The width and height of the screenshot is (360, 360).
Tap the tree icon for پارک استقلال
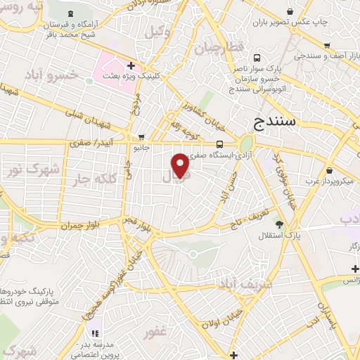point(279,224)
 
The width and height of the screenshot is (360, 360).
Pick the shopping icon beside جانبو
point(142,137)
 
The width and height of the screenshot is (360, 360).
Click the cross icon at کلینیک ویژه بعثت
point(131,65)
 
